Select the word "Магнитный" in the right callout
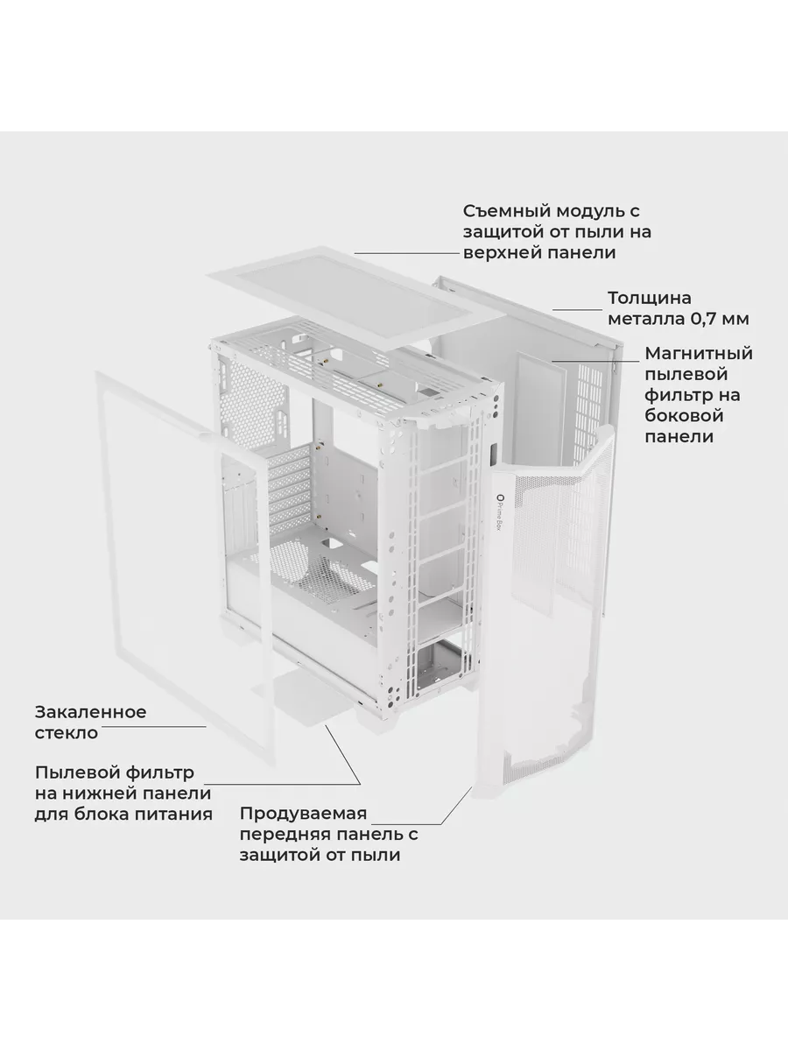[x=699, y=353]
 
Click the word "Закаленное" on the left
[x=90, y=712]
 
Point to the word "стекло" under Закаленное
[x=67, y=733]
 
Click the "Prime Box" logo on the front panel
[x=501, y=517]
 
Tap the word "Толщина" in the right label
[x=650, y=299]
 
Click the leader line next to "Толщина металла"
[x=578, y=310]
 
